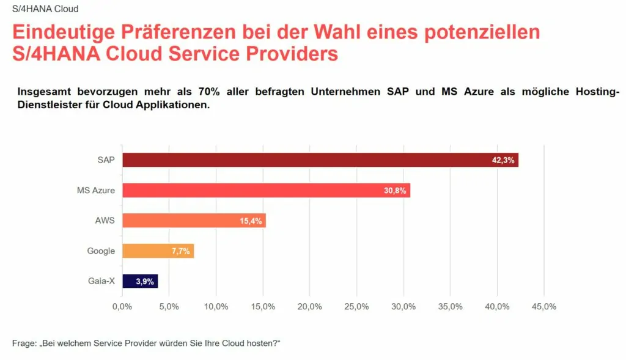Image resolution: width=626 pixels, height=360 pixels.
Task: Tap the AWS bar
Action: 194,221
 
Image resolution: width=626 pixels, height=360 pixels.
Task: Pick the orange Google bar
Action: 158,251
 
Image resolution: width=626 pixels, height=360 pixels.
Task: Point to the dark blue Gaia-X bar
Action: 140,281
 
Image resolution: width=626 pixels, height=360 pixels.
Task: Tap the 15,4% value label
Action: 251,221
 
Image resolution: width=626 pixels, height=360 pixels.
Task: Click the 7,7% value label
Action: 180,251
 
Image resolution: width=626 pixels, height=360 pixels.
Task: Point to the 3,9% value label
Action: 145,282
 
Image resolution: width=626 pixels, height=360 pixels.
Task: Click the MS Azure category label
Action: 96,191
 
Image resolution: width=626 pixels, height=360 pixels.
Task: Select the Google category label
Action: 100,251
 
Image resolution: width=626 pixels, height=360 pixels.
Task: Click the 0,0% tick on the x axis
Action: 122,306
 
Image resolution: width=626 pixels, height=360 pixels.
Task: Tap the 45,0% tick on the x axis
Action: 544,306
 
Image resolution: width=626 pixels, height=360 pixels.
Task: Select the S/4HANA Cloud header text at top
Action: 45,9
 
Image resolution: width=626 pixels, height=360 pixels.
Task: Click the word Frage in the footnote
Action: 24,343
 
